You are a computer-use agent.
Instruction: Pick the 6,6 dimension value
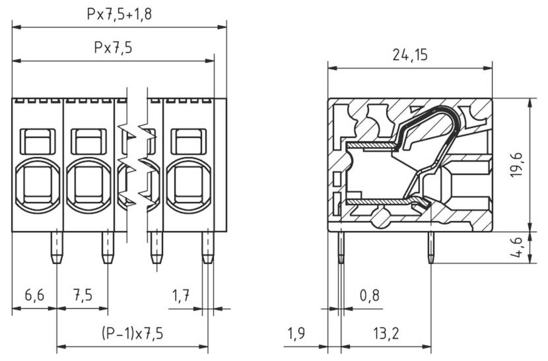point(34,295)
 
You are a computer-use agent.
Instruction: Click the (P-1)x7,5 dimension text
point(132,333)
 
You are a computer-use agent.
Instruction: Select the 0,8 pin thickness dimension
point(370,295)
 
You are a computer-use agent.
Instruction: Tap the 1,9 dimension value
point(296,333)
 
